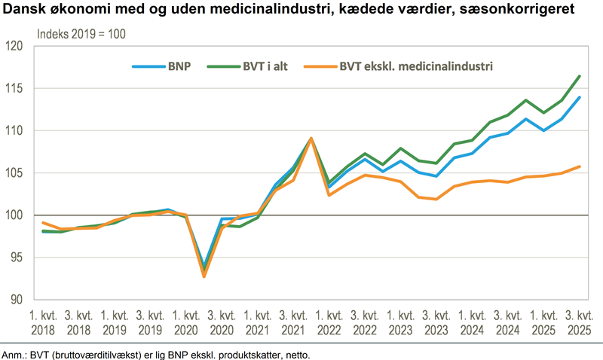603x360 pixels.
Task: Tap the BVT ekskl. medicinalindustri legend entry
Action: [415, 66]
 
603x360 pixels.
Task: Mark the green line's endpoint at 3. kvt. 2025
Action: [579, 76]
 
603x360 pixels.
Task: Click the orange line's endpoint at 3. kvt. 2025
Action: [579, 166]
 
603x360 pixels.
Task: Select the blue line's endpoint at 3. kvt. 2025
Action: [579, 97]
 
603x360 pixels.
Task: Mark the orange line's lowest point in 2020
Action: [204, 276]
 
